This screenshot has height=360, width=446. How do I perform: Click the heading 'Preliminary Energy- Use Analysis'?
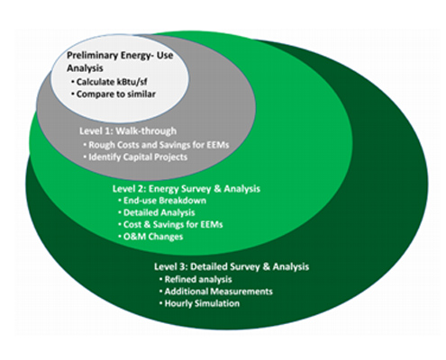(120, 62)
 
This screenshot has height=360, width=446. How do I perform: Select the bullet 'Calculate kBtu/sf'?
(110, 82)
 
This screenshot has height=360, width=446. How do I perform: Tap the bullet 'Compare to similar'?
(114, 94)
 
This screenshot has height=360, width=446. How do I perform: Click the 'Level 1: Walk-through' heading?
(128, 131)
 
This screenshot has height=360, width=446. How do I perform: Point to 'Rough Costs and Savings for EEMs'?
(156, 145)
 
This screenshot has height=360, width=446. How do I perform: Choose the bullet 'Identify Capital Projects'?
(135, 157)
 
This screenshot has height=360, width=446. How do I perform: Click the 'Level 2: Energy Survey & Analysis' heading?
(187, 189)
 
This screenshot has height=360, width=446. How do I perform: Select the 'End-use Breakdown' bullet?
(162, 201)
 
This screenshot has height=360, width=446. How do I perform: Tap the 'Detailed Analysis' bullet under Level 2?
(157, 212)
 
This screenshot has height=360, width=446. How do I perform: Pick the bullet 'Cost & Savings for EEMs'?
(170, 225)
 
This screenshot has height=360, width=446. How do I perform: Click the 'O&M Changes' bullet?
(150, 237)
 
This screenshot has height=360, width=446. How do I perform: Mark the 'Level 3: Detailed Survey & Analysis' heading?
(232, 266)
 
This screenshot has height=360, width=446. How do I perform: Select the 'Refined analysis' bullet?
(196, 280)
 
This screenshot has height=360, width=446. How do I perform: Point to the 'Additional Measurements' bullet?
(216, 292)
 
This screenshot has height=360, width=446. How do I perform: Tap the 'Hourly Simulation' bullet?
(199, 303)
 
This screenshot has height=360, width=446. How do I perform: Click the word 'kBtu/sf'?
(132, 82)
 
